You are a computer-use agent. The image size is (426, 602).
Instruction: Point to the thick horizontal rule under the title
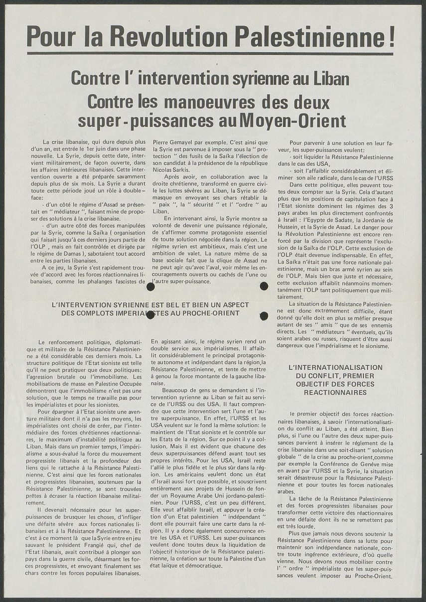tap(210, 53)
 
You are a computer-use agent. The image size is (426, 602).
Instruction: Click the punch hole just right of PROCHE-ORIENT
tap(264, 315)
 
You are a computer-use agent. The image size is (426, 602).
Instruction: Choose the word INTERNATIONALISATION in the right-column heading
tap(335, 367)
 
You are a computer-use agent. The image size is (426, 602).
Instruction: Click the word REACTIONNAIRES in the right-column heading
tap(335, 393)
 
